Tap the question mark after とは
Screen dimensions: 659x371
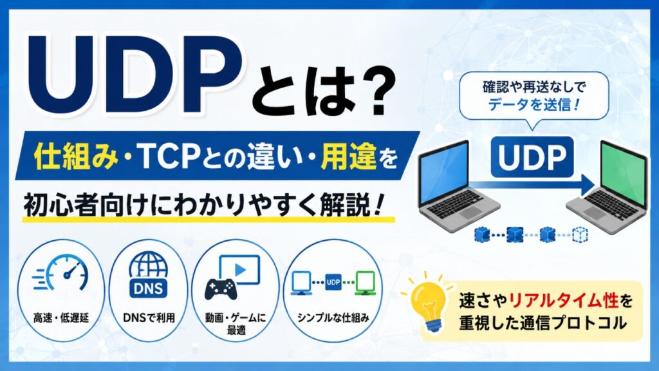pos(369,94)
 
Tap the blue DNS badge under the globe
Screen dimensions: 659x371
pos(149,288)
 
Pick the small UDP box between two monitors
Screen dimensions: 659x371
pos(333,282)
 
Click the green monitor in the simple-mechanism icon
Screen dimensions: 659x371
pos(365,283)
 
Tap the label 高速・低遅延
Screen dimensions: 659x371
pos(61,318)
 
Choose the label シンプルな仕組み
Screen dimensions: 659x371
pos(333,318)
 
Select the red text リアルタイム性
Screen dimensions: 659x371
pos(563,300)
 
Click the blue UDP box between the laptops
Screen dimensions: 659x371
pos(532,157)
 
